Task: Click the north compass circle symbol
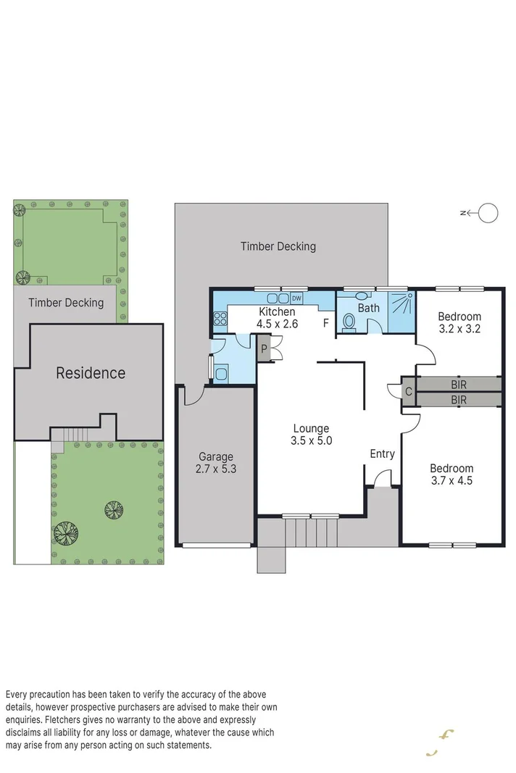coord(489,212)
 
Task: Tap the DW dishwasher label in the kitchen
coord(296,298)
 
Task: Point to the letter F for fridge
coord(325,323)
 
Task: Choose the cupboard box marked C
coord(409,392)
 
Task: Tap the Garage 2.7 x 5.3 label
coord(216,462)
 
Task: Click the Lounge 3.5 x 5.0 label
coord(311,434)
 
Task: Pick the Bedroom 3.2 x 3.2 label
coord(459,322)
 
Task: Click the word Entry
coord(382,454)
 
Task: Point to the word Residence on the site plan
coord(91,373)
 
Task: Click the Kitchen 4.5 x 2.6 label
coord(278,318)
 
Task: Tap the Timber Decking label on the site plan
coord(66,303)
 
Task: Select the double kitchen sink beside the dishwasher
coord(278,298)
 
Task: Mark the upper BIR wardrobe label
coord(458,384)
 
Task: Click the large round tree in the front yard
coord(66,534)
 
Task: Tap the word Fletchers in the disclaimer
coord(65,720)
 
